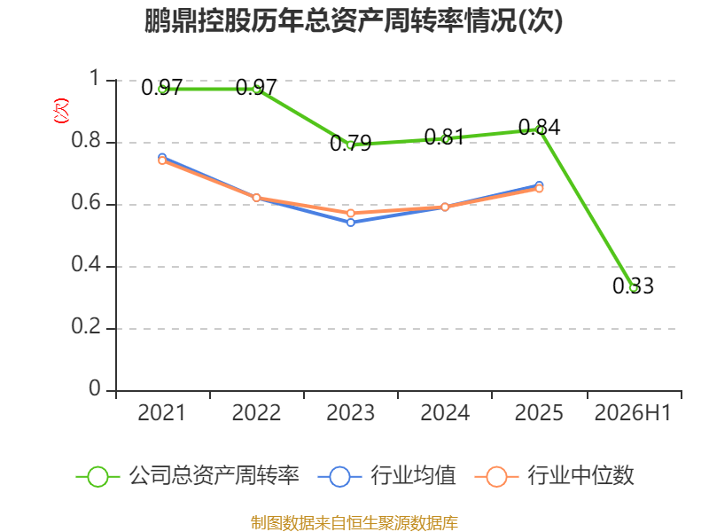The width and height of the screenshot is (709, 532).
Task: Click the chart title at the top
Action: pyautogui.click(x=354, y=20)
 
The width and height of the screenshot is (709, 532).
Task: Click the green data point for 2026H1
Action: pyautogui.click(x=634, y=287)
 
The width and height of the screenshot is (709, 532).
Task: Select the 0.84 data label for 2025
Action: pyautogui.click(x=539, y=127)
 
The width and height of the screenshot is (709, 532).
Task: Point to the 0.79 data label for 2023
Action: pyautogui.click(x=350, y=144)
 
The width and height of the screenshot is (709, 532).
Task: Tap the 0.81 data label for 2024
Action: pyautogui.click(x=445, y=137)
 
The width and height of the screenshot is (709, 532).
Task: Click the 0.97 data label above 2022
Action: pyautogui.click(x=256, y=87)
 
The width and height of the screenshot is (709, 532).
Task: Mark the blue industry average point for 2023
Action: pyautogui.click(x=350, y=223)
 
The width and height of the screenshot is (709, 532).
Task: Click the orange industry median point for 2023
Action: pyautogui.click(x=350, y=213)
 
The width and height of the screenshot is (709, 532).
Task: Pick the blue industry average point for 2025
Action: pyautogui.click(x=539, y=184)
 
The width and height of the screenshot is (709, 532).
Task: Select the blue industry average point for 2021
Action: pyautogui.click(x=162, y=157)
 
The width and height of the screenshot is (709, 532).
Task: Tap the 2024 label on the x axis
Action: pyautogui.click(x=445, y=412)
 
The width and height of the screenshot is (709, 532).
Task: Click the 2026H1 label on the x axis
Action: pyautogui.click(x=633, y=412)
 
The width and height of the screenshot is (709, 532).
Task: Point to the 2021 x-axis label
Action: pyautogui.click(x=162, y=412)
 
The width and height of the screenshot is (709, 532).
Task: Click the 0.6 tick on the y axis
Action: pyautogui.click(x=86, y=202)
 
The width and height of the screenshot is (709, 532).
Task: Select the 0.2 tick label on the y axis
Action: pyautogui.click(x=86, y=326)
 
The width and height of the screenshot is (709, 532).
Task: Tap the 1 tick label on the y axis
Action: pyautogui.click(x=95, y=78)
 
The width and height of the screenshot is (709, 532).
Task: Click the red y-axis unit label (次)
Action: pyautogui.click(x=61, y=111)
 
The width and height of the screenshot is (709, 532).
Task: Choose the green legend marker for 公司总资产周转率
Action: pyautogui.click(x=97, y=477)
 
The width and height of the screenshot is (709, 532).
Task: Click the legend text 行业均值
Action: pyautogui.click(x=413, y=475)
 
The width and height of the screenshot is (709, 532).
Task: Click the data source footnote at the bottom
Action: pyautogui.click(x=354, y=523)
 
